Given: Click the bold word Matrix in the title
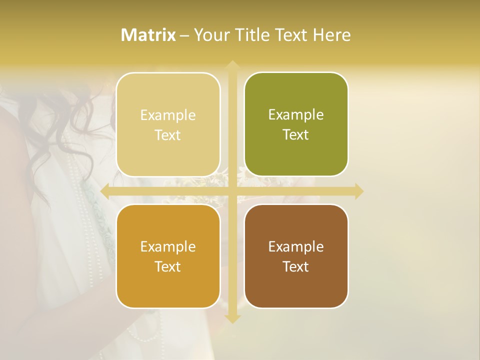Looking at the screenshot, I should [x=148, y=35].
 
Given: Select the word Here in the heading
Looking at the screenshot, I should [x=331, y=35].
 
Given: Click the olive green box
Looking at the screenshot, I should [x=296, y=124].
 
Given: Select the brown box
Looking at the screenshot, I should [x=296, y=256].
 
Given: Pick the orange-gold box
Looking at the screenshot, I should [x=168, y=256].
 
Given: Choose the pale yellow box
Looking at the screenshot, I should [x=168, y=124].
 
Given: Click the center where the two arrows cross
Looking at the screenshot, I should [x=232, y=191].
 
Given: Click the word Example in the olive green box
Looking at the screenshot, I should [x=296, y=114].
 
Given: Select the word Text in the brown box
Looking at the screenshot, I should [x=296, y=266].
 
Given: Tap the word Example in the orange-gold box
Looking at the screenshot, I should [x=168, y=246].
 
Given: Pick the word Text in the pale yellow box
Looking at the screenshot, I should [x=168, y=135].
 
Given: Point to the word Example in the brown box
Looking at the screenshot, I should [x=296, y=246].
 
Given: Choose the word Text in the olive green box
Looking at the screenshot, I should [x=296, y=134].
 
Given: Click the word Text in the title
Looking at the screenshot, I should [x=289, y=35].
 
